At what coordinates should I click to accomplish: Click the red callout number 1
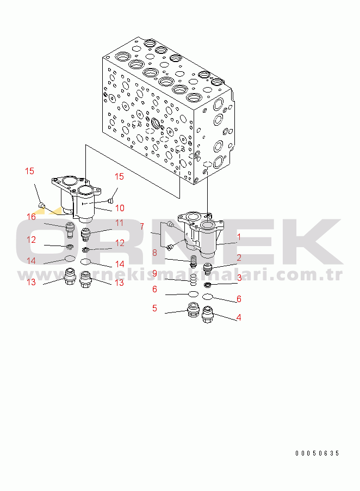pos(239,237)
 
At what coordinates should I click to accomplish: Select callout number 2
pos(239,257)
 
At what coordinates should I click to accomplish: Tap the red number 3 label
pos(239,278)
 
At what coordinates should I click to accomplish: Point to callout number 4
pos(239,317)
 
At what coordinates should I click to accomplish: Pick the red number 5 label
pos(154,308)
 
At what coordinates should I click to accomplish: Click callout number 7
pos(142,226)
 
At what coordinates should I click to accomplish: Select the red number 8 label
pos(154,253)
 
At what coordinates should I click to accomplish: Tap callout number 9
pos(154,274)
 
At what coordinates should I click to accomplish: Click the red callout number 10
pos(120,208)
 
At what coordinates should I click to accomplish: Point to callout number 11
pos(120,223)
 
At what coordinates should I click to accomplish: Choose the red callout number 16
pos(31,217)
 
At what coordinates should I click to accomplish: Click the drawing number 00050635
pos(317,453)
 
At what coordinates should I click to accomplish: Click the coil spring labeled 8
pos(193,261)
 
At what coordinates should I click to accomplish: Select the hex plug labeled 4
pos(207,315)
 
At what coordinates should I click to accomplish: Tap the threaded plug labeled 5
pos(193,310)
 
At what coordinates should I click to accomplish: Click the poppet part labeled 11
pos(85,235)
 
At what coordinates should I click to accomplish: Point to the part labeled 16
pos(70,230)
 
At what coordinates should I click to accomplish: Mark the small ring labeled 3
pos(207,285)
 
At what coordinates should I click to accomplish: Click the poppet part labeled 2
pos(208,269)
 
